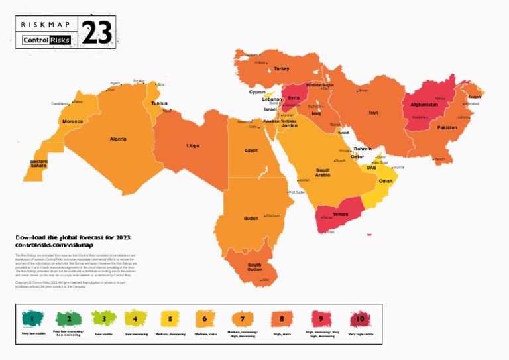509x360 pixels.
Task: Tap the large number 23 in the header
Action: tap(97, 32)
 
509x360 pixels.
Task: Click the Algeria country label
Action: tap(118, 139)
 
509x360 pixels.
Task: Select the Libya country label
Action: tap(192, 145)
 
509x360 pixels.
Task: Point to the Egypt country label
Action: tap(251, 150)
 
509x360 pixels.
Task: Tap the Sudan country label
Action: tap(251, 218)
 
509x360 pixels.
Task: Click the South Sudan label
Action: tap(254, 267)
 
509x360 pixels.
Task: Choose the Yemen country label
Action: tap(340, 214)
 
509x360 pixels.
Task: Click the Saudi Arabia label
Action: tap(323, 172)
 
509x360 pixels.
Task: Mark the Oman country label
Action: tap(385, 181)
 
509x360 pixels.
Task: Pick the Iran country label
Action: tap(373, 113)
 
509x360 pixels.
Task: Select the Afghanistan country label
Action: tap(424, 105)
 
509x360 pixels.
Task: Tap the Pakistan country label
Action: tap(447, 127)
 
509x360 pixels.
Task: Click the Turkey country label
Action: tap(282, 68)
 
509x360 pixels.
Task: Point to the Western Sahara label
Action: tap(38, 163)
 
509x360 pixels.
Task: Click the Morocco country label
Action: tap(72, 121)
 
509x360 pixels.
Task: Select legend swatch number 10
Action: tap(360, 320)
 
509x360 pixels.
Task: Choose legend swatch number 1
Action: tap(31, 320)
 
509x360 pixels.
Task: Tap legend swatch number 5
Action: tap(170, 320)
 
